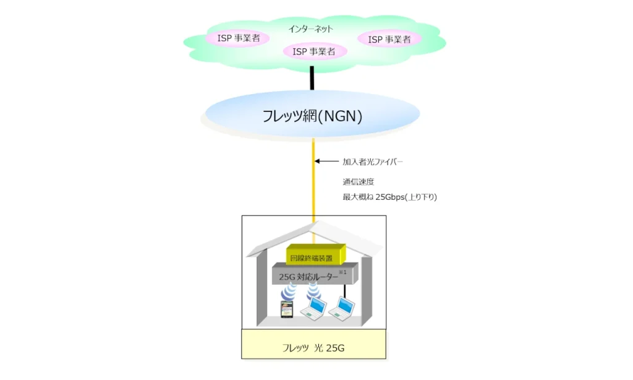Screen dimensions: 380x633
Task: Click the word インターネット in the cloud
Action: (x=311, y=28)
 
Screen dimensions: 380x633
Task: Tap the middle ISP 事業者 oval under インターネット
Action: (x=314, y=52)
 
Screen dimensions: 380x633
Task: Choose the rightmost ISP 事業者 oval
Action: (x=390, y=40)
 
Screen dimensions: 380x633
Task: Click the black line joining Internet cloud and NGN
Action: (x=312, y=77)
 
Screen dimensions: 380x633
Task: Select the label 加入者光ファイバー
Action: (x=372, y=162)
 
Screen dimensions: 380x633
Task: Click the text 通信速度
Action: (x=359, y=182)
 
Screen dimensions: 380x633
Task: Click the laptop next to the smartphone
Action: (x=313, y=308)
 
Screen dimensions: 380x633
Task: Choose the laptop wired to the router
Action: (x=344, y=308)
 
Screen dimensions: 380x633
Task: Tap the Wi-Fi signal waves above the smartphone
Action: (x=288, y=293)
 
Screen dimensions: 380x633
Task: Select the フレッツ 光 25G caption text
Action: (x=313, y=348)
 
